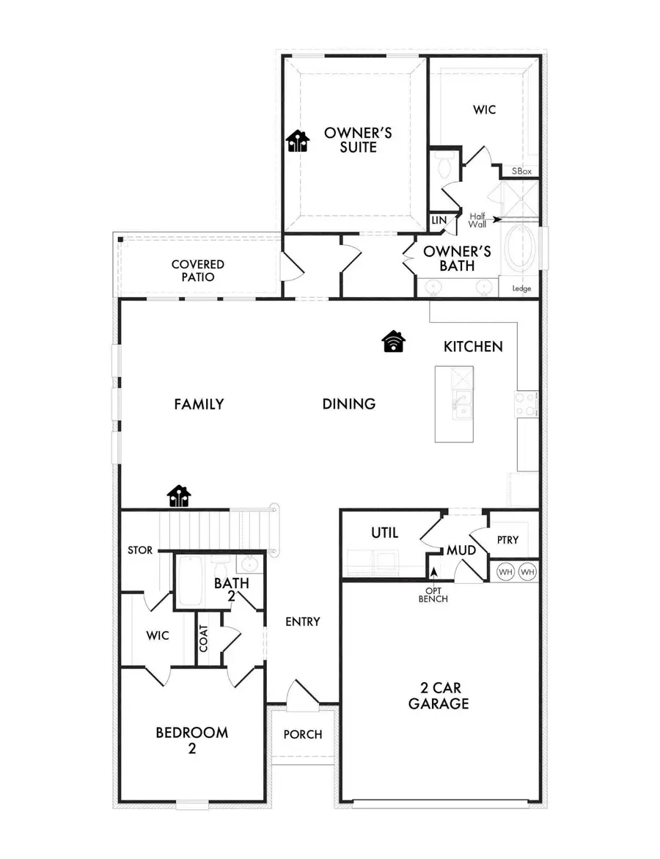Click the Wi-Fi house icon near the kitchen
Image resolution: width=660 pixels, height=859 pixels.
(394, 341)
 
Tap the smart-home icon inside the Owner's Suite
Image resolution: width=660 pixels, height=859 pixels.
(297, 140)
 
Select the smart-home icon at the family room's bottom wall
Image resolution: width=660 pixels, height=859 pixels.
(179, 497)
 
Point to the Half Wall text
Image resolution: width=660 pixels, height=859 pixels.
(478, 219)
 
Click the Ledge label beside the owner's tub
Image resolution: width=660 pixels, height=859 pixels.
(521, 288)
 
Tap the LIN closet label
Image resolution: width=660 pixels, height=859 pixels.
(439, 220)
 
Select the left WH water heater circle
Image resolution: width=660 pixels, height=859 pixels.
(506, 571)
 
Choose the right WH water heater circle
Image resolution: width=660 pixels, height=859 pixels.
(528, 571)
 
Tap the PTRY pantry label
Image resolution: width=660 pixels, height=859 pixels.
(507, 540)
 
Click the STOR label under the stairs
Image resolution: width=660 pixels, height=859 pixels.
(139, 550)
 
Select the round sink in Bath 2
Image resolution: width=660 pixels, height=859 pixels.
(249, 566)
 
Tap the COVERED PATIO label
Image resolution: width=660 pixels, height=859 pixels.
(198, 271)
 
